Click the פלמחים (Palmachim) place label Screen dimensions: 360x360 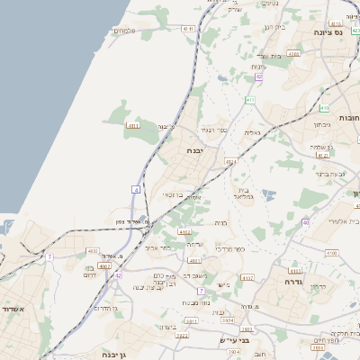[123, 31]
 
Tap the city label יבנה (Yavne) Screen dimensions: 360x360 [198, 150]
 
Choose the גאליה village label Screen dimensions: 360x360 [252, 132]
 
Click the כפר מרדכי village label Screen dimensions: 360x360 [256, 247]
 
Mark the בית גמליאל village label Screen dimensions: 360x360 [246, 192]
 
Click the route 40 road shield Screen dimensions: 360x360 [306, 221]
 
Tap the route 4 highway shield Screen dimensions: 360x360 [136, 189]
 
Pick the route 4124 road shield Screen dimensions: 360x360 [230, 161]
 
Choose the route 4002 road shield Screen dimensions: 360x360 [104, 265]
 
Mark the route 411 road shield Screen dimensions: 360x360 [134, 127]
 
